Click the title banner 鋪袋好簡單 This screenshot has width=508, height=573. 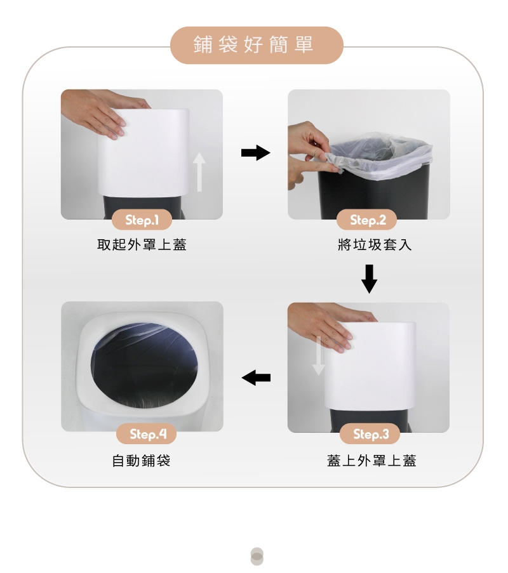pos(257,45)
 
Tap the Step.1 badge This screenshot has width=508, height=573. pos(142,220)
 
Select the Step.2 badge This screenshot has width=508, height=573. pos(367,220)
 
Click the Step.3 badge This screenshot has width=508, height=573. pos(370,434)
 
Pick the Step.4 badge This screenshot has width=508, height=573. pos(146,434)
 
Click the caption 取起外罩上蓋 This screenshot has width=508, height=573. pos(142,244)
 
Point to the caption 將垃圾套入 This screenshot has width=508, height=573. pos(375,244)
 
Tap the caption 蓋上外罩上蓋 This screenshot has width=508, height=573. pos(371,461)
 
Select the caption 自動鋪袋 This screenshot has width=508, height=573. pos(141,461)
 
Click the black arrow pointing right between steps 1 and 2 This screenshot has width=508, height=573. pos(256,153)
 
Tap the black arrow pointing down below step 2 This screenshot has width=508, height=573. pos(370,279)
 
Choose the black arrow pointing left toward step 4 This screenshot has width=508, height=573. pos(256,378)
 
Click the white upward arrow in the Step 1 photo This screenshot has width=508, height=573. pos(199,172)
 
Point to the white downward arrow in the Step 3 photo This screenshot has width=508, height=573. pos(319,355)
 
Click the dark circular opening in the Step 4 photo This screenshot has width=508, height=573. pos(145,364)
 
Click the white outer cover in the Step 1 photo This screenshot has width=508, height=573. pos(144,153)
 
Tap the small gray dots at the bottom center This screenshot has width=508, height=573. pos(257,557)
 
